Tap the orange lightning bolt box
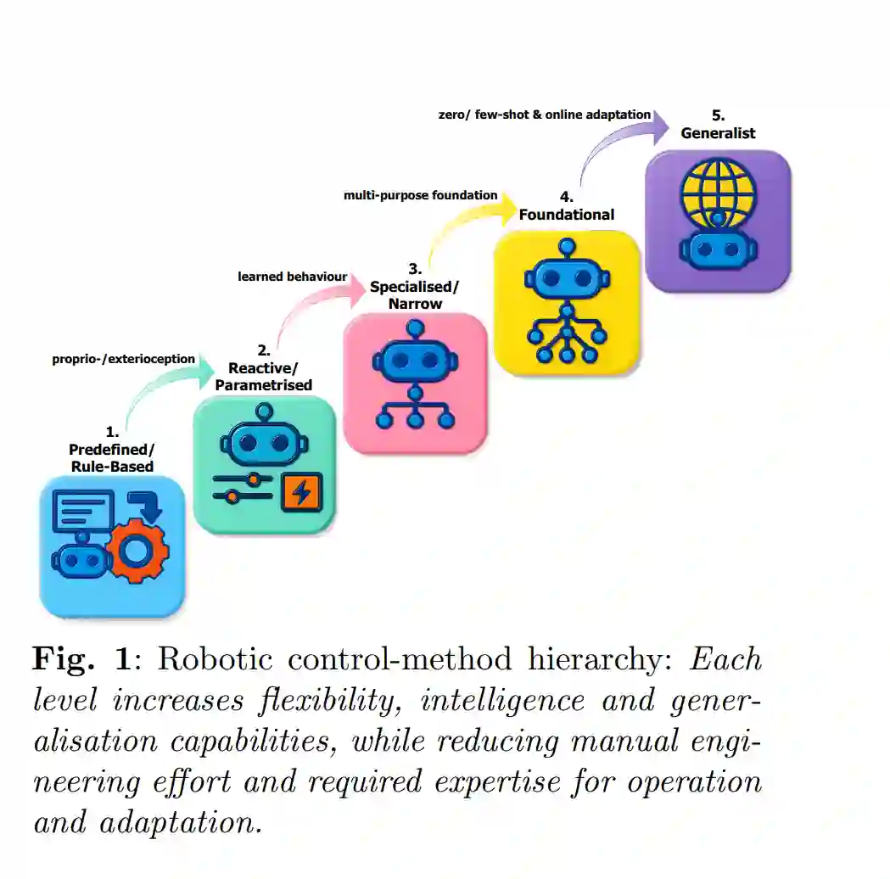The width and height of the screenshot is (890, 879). (300, 491)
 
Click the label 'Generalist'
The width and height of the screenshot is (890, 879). (718, 133)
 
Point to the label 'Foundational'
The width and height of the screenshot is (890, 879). (566, 215)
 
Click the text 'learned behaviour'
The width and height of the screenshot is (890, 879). (292, 277)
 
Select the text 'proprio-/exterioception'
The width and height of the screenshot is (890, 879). (124, 359)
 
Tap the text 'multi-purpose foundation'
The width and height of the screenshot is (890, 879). (420, 195)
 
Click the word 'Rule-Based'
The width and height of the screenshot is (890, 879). (111, 466)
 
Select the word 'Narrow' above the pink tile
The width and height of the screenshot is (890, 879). (415, 304)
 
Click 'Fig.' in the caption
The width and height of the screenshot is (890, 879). (62, 658)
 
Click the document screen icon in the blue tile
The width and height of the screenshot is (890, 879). (83, 512)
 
